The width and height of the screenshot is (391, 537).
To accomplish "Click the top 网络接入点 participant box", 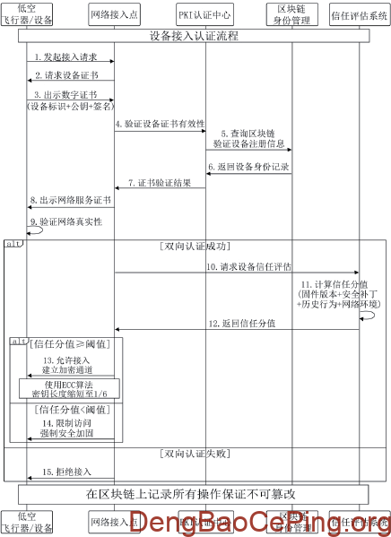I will (114, 14).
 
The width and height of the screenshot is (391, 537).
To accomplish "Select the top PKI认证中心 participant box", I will (205, 14).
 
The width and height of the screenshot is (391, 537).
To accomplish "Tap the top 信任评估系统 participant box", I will (361, 14).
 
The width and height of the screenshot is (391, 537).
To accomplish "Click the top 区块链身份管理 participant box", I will (291, 14).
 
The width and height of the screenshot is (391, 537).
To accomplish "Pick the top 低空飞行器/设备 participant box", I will (27, 14).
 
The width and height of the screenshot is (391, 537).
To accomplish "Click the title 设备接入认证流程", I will (195, 37).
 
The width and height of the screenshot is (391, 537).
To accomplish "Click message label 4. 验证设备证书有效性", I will (160, 124).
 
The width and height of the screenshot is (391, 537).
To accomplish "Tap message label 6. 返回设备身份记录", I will (249, 167).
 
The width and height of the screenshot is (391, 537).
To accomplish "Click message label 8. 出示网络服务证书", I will (70, 200).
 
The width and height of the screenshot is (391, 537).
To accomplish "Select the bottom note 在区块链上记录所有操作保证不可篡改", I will (195, 494).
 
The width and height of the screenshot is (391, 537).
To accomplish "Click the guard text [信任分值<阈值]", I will (63, 409).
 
